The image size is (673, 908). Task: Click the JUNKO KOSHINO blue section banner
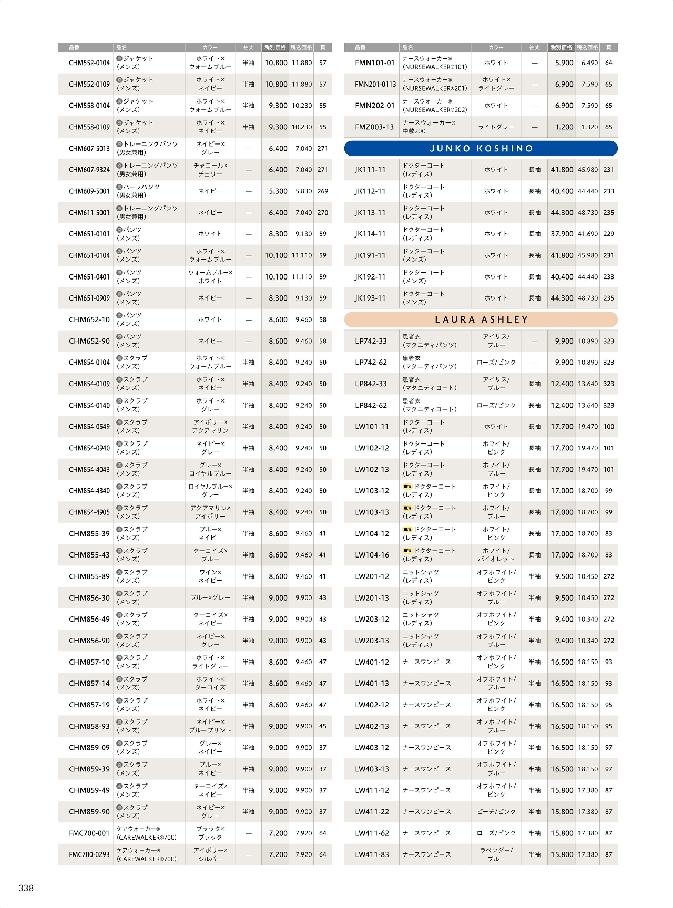click(x=481, y=149)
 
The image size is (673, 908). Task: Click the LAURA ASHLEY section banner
click(x=481, y=319)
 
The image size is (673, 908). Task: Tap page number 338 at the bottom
click(x=26, y=888)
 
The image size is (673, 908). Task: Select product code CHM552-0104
click(x=89, y=63)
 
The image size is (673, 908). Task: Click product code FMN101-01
click(x=374, y=63)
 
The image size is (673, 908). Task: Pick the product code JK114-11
click(x=370, y=234)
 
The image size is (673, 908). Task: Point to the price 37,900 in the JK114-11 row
click(x=562, y=234)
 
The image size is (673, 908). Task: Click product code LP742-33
click(x=371, y=341)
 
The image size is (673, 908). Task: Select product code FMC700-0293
click(x=89, y=854)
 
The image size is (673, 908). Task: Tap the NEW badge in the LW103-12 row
click(x=407, y=487)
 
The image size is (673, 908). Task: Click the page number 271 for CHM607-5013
click(x=322, y=149)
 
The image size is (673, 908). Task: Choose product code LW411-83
click(x=372, y=854)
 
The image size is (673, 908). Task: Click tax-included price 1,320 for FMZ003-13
click(x=589, y=127)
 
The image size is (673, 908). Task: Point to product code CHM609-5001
click(x=89, y=191)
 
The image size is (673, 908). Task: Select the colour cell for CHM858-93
click(x=210, y=726)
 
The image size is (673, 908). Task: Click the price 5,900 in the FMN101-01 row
click(x=564, y=63)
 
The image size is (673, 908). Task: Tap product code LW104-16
click(x=372, y=555)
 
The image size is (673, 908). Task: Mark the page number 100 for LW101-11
click(x=608, y=427)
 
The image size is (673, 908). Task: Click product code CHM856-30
click(x=89, y=598)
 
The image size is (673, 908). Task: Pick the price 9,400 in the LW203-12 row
click(x=564, y=619)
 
